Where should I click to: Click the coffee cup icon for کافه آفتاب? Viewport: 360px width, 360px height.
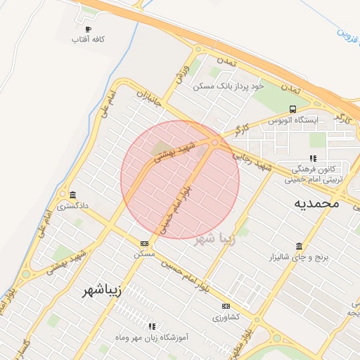[88, 29]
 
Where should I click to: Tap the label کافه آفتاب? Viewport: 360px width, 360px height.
[88, 40]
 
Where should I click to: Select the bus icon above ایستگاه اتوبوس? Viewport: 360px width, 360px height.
[292, 109]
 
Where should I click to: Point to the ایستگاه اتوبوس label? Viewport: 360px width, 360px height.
[293, 120]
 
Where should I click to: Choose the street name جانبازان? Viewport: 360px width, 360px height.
[148, 98]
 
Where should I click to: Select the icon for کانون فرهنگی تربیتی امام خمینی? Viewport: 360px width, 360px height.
[314, 158]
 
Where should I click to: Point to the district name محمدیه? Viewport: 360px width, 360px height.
[316, 203]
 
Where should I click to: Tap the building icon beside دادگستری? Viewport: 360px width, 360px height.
[72, 195]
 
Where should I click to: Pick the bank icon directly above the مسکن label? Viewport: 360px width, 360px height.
[144, 243]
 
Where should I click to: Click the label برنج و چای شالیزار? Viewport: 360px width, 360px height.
[300, 258]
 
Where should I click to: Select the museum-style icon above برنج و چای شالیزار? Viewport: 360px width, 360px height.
[300, 246]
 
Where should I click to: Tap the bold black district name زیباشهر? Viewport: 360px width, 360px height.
[98, 290]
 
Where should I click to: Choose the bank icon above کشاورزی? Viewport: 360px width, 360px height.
[226, 306]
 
